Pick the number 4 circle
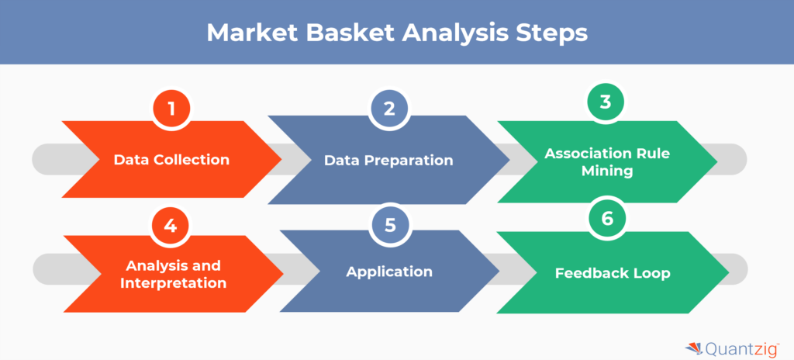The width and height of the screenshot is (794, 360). coord(171,225)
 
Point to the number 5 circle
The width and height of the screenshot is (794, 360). coord(389,224)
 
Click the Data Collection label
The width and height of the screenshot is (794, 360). coord(171,160)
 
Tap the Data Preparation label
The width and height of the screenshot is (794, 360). coord(388,161)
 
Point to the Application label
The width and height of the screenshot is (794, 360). coord(389,272)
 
